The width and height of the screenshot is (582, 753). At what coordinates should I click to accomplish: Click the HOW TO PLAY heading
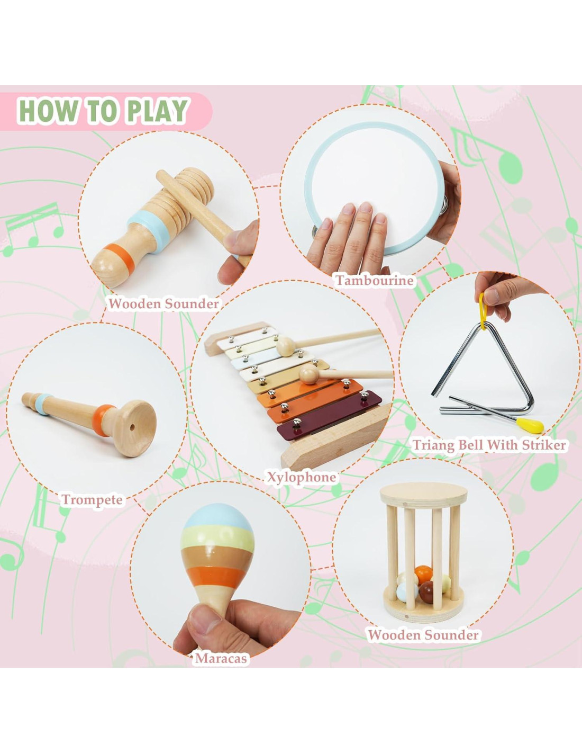(104, 111)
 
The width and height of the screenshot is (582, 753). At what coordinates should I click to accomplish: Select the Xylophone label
(302, 478)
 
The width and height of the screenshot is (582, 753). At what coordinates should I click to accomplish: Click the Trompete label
(92, 500)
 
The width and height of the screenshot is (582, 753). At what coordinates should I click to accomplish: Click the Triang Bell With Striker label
(489, 445)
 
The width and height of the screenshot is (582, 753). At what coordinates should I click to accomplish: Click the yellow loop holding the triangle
(483, 311)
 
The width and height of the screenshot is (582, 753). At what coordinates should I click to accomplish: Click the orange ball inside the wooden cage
(424, 575)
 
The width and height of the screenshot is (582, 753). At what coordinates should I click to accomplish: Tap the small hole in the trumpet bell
(132, 428)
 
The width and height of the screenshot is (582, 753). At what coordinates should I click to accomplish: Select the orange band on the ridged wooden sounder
(120, 258)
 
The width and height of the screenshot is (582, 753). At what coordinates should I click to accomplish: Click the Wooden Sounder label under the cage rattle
(423, 635)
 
